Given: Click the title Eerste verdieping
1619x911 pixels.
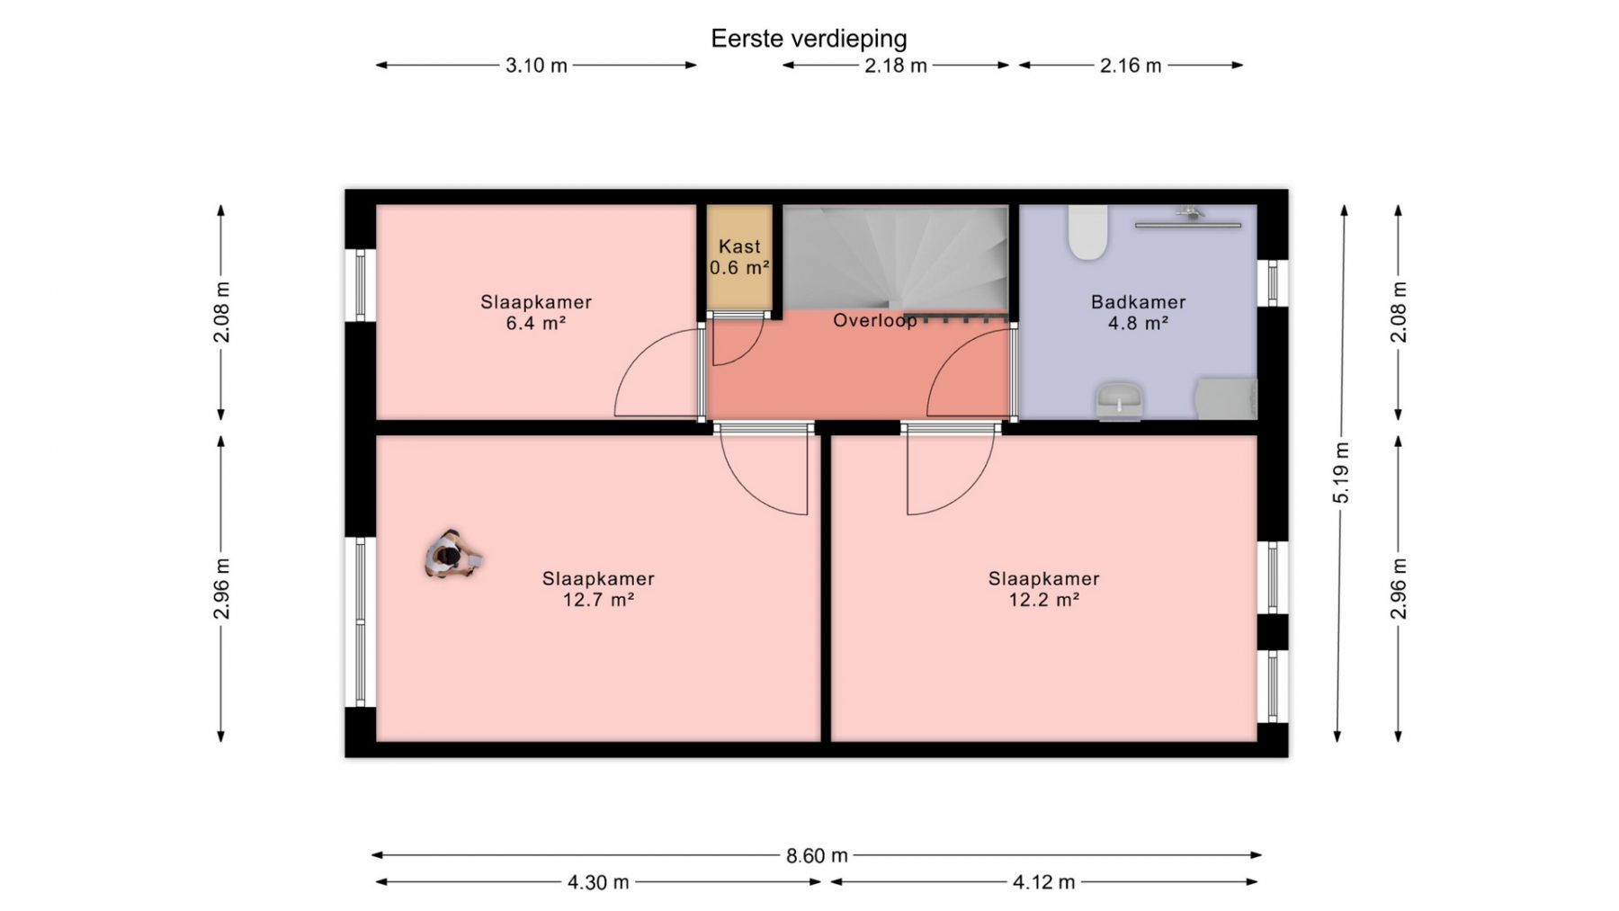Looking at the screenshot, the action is click(x=809, y=39).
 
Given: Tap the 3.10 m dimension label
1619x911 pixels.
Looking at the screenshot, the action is click(x=536, y=66).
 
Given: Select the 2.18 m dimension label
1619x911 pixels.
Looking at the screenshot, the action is click(x=896, y=66).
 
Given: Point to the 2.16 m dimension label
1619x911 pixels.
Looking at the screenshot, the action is click(x=1131, y=66).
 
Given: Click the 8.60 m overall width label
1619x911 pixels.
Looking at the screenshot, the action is click(x=817, y=855).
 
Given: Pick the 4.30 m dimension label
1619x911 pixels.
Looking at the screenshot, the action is click(x=598, y=882).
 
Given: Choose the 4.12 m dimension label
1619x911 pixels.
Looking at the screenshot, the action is click(x=1043, y=882).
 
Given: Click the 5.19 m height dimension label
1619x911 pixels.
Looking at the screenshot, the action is click(x=1341, y=472).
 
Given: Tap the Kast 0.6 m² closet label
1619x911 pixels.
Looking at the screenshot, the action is click(x=739, y=257).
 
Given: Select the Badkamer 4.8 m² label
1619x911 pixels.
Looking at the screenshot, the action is click(x=1138, y=312).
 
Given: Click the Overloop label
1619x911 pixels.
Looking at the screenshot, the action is click(x=874, y=321).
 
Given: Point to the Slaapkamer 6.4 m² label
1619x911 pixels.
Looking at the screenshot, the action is click(x=536, y=312).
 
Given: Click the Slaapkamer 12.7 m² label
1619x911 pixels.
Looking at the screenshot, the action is click(x=598, y=589).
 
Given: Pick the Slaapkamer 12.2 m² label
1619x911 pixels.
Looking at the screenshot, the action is click(x=1043, y=589).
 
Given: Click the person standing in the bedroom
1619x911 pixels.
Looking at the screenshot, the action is click(x=452, y=554).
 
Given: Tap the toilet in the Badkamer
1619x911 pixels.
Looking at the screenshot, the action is click(x=1087, y=232).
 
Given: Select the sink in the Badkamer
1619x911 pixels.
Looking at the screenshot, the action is click(x=1119, y=401).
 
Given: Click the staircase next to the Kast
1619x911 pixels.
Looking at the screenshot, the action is click(x=895, y=258).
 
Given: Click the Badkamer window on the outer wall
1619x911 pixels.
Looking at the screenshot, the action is click(x=1272, y=282).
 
